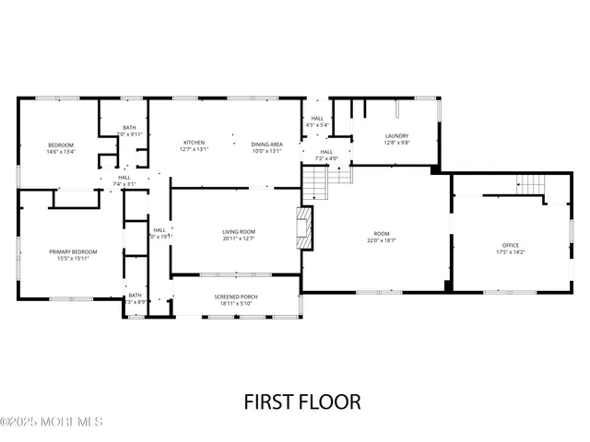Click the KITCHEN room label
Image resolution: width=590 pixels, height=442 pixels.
pyautogui.click(x=194, y=143)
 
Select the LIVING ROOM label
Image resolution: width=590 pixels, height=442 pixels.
pyautogui.click(x=239, y=231)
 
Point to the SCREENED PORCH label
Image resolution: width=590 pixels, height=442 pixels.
pyautogui.click(x=236, y=297)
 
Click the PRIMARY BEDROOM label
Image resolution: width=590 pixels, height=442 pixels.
pyautogui.click(x=73, y=251)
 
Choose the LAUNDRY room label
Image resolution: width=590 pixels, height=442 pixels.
pyautogui.click(x=396, y=136)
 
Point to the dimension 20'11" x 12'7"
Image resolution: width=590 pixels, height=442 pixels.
pyautogui.click(x=239, y=238)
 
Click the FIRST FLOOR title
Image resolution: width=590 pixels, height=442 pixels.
pyautogui.click(x=301, y=401)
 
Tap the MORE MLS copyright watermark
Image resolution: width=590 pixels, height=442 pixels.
pyautogui.click(x=52, y=423)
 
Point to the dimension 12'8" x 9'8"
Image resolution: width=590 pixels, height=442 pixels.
pyautogui.click(x=396, y=143)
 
